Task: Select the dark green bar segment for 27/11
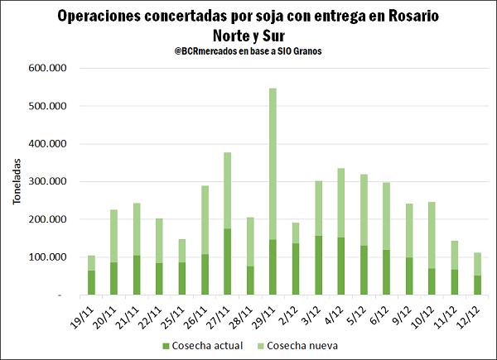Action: pyautogui.click(x=227, y=262)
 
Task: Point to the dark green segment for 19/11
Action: pyautogui.click(x=91, y=282)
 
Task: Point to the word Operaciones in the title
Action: pyautogui.click(x=105, y=16)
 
